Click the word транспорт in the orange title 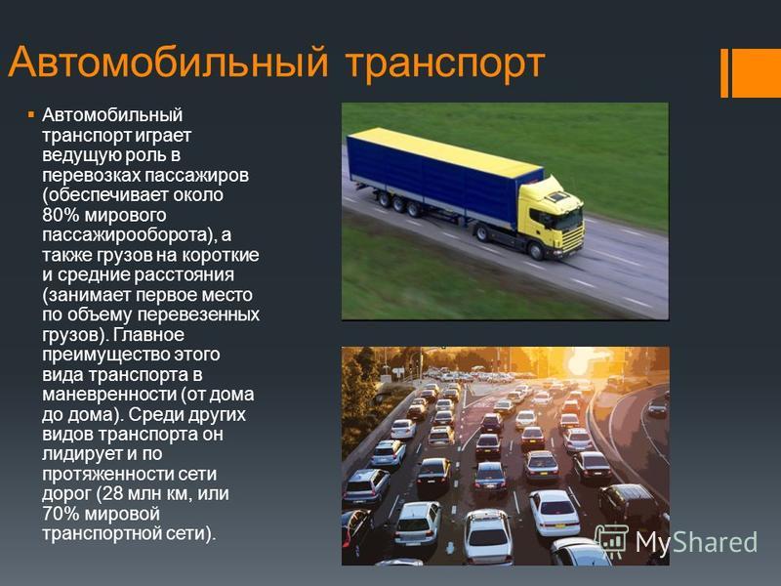445,64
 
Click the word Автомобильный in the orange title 168,62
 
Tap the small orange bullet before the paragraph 31,115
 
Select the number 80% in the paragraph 61,215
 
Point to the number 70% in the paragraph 61,514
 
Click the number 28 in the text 110,494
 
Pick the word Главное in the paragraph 148,334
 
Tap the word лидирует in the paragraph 83,454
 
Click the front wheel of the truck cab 536,251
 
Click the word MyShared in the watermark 696,542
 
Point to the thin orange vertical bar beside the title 724,73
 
